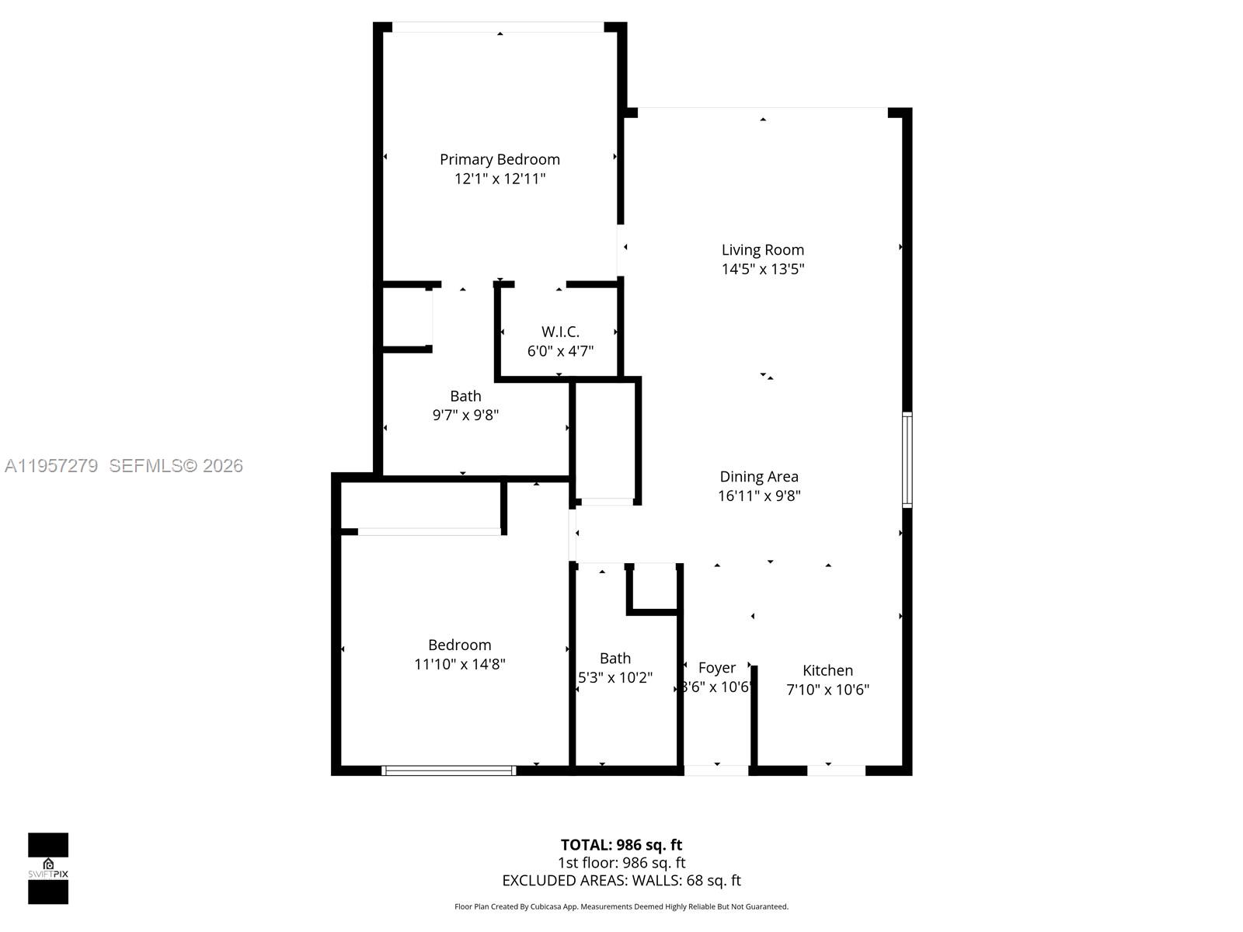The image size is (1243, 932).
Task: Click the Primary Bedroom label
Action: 500,159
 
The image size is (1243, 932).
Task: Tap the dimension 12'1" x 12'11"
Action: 500,179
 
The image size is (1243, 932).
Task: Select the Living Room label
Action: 762,249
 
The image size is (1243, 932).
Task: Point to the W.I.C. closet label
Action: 560,332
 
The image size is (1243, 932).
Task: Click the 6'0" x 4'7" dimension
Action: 560,351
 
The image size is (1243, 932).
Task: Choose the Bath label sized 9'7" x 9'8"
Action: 465,396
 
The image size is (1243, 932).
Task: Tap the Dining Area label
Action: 758,477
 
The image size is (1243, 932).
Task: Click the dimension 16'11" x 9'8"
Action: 758,496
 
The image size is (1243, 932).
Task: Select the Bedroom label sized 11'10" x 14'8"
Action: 459,645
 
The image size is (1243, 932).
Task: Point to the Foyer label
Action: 716,668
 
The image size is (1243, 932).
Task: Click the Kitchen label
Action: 827,670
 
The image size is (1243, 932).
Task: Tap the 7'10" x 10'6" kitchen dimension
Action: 827,690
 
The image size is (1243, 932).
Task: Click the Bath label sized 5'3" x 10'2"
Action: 615,659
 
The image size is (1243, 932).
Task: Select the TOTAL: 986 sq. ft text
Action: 621,845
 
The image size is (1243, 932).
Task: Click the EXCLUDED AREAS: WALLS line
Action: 621,881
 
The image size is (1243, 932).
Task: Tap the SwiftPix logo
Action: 48,868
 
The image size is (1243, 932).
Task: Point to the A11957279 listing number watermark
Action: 51,466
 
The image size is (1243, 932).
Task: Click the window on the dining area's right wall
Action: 907,460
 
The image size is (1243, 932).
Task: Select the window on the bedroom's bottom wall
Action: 449,770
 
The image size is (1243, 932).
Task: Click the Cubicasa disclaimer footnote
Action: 621,906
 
